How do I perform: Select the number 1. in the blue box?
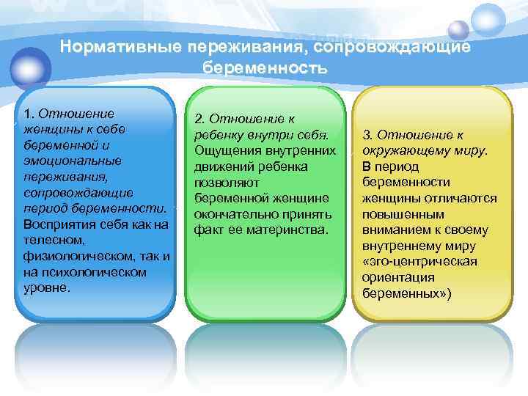[x=29, y=114]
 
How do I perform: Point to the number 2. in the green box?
[x=200, y=120]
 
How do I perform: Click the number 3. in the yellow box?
[x=368, y=135]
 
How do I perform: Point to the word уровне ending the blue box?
[x=46, y=287]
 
